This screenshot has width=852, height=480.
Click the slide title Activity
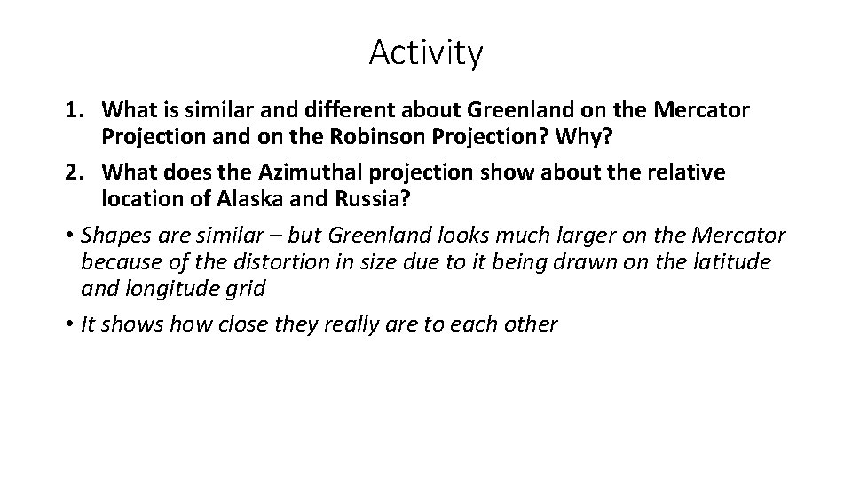coord(426,53)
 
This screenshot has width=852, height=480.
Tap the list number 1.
coord(72,111)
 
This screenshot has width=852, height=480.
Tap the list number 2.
coord(72,172)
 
